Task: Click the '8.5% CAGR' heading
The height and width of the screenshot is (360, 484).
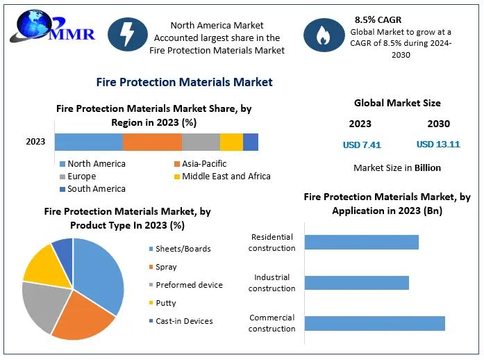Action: (379, 19)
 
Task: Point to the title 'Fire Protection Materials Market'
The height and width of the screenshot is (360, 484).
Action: (184, 82)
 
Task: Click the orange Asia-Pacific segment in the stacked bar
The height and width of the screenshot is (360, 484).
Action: (152, 142)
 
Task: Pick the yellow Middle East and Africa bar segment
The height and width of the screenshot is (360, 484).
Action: (231, 142)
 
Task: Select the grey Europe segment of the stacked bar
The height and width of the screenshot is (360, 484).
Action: (201, 142)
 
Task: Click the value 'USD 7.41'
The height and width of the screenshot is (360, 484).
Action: (362, 145)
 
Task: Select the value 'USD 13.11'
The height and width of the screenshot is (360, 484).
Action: (438, 145)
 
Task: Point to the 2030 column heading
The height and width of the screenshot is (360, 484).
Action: (438, 124)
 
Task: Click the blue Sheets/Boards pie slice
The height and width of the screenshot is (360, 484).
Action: (101, 275)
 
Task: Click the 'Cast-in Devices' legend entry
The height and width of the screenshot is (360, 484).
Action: (184, 321)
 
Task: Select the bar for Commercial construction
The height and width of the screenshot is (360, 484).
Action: (374, 323)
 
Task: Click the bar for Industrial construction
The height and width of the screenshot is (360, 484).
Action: (356, 283)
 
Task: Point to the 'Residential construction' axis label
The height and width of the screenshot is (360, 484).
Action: (272, 243)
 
